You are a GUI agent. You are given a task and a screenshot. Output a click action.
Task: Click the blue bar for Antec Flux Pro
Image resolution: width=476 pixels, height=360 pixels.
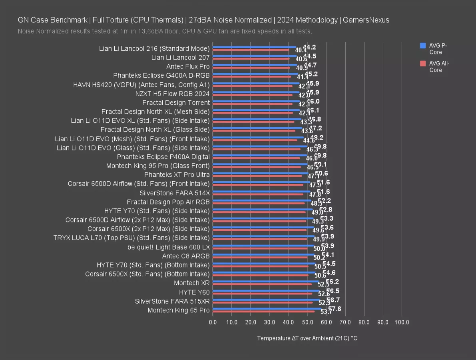point(255,65)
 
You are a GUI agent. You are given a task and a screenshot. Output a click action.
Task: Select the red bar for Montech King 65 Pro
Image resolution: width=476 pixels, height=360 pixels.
point(263,311)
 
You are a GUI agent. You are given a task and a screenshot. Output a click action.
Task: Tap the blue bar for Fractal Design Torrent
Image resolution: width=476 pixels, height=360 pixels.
point(256,101)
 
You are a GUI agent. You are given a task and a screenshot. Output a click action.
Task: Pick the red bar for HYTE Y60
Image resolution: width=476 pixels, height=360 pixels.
point(262,293)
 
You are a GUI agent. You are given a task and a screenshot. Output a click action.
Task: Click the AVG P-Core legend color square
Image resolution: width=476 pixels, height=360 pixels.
point(423,46)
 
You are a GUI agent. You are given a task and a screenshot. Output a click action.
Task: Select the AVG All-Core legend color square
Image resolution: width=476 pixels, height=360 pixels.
point(423,63)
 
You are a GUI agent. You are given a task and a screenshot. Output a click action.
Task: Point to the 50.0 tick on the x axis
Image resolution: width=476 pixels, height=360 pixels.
point(307,322)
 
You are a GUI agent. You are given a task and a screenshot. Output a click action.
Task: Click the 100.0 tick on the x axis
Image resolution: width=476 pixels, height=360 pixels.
point(402,322)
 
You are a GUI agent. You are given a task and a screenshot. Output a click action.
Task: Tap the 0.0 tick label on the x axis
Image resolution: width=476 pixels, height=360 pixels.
point(213,322)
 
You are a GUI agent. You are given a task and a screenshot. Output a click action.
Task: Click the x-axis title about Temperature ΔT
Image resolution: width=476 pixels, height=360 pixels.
point(307,338)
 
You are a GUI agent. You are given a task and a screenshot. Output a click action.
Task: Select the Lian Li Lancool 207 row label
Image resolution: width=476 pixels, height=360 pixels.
point(180,57)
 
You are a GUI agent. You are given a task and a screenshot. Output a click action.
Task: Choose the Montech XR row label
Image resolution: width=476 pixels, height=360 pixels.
point(192,283)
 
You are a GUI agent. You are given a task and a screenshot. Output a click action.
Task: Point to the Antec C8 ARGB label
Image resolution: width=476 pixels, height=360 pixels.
point(186,256)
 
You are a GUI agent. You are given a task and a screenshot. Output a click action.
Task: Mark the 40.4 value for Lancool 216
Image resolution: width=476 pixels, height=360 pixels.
point(301,50)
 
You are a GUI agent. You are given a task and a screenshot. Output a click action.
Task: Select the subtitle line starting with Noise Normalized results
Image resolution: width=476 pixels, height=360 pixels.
point(165,31)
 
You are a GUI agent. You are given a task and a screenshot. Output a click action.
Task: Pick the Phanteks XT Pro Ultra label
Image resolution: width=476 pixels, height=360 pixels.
point(177,174)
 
